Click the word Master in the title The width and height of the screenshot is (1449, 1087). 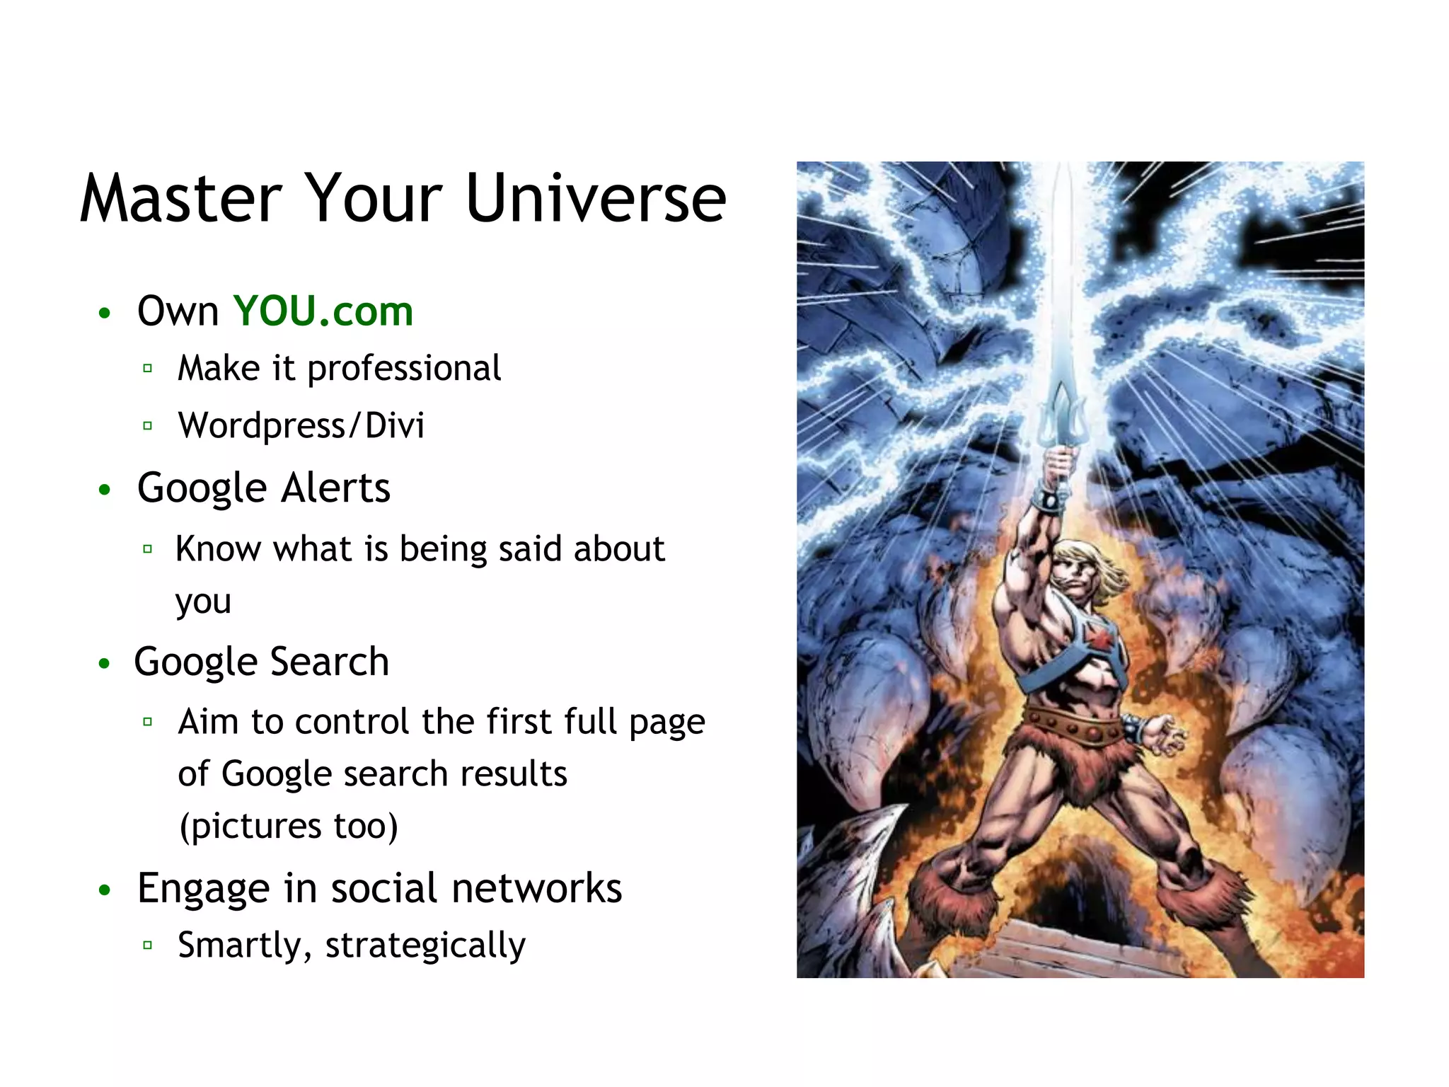point(181,199)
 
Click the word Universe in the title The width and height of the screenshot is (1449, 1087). point(596,199)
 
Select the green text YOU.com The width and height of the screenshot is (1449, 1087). point(323,311)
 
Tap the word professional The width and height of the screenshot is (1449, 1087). point(404,369)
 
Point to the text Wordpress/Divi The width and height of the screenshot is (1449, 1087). point(301,426)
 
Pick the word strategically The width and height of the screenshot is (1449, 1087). point(425,945)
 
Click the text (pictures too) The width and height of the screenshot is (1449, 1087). point(289,827)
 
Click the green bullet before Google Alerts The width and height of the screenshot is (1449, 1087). point(105,490)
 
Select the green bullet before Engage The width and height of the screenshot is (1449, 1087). point(105,890)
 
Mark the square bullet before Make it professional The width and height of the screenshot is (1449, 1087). point(147,369)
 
